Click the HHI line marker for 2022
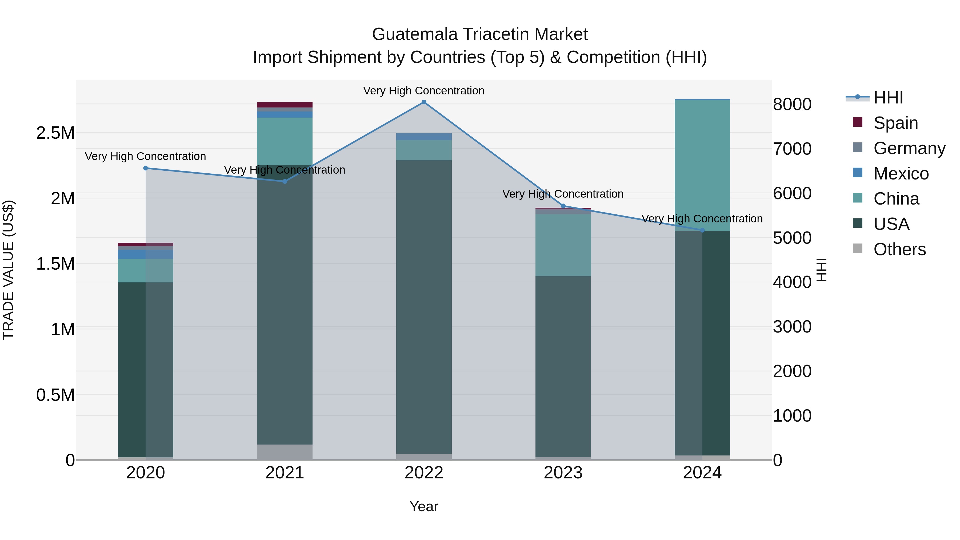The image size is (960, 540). [x=424, y=102]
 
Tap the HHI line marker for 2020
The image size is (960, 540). [x=146, y=168]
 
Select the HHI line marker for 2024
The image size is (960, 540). [x=702, y=230]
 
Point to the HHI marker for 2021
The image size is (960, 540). [x=285, y=182]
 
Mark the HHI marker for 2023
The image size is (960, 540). [x=563, y=206]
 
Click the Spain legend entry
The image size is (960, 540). [x=895, y=123]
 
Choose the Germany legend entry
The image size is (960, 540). [x=909, y=148]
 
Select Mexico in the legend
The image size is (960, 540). [x=901, y=174]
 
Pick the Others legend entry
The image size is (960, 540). [x=899, y=249]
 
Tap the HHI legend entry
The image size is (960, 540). [x=888, y=98]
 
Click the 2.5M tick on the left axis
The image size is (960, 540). [x=55, y=133]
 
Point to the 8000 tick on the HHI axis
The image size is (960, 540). [x=792, y=104]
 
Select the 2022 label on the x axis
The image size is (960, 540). [x=424, y=473]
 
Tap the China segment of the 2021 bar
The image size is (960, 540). [x=285, y=141]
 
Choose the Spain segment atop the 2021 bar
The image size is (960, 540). [x=285, y=105]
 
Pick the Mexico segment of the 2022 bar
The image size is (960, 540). [x=424, y=136]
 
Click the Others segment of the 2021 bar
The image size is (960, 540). [x=285, y=452]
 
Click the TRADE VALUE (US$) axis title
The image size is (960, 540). [x=8, y=270]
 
